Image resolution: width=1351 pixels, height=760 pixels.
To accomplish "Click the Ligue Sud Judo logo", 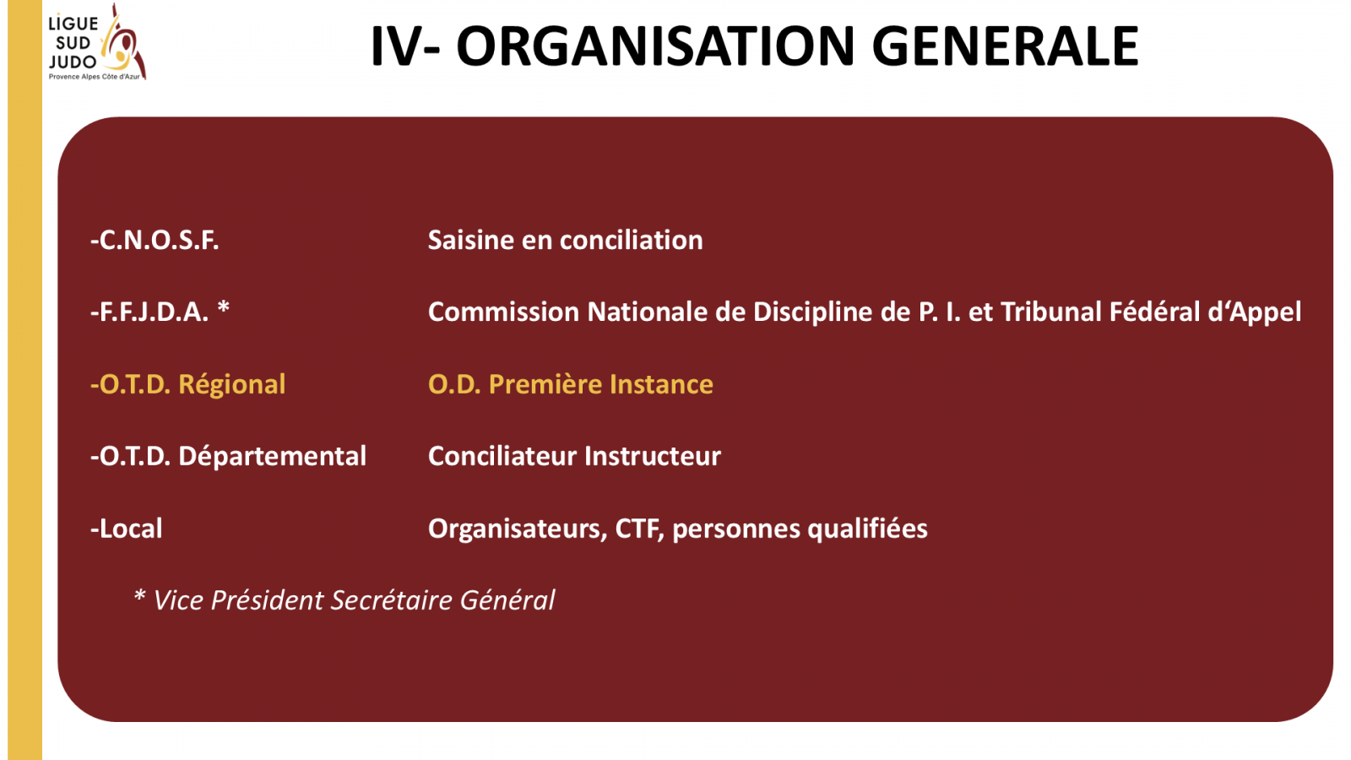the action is click(x=97, y=42).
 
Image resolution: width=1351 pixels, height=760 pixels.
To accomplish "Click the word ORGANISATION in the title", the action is click(x=655, y=46).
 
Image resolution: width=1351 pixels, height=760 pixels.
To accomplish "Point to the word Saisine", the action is click(x=471, y=240).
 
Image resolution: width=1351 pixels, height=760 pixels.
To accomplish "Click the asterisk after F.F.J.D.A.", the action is click(x=223, y=307).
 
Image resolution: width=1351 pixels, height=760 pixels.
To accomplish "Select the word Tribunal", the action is click(x=1050, y=312).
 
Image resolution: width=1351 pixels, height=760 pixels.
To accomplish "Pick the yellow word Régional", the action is click(x=231, y=385).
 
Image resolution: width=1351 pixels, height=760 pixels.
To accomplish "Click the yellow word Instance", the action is click(x=661, y=384).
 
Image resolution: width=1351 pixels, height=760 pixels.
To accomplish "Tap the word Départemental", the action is click(x=272, y=457).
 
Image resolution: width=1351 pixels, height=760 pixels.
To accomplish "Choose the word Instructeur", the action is click(x=652, y=456).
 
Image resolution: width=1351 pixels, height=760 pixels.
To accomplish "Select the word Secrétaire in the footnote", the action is click(x=392, y=600).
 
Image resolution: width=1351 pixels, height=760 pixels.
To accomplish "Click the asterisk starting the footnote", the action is click(x=139, y=595).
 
